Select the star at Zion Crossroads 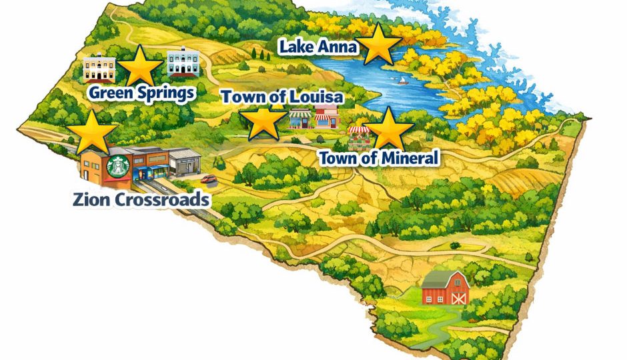pyautogui.click(x=95, y=131)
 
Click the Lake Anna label pyautogui.click(x=318, y=47)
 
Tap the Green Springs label pyautogui.click(x=141, y=93)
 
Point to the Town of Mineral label pyautogui.click(x=378, y=159)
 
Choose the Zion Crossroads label pyautogui.click(x=141, y=199)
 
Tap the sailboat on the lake pyautogui.click(x=402, y=81)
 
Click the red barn pyautogui.click(x=445, y=289)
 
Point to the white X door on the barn pyautogui.click(x=459, y=298)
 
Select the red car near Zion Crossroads pyautogui.click(x=208, y=178)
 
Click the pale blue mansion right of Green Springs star pyautogui.click(x=183, y=64)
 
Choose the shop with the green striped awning pyautogui.click(x=299, y=119)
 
